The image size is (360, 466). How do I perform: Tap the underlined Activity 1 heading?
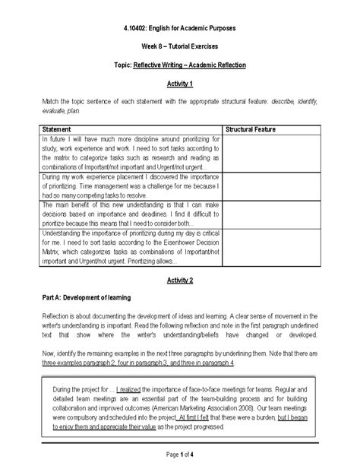point(180,83)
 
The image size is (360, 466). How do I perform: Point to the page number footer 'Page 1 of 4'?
point(179,454)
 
